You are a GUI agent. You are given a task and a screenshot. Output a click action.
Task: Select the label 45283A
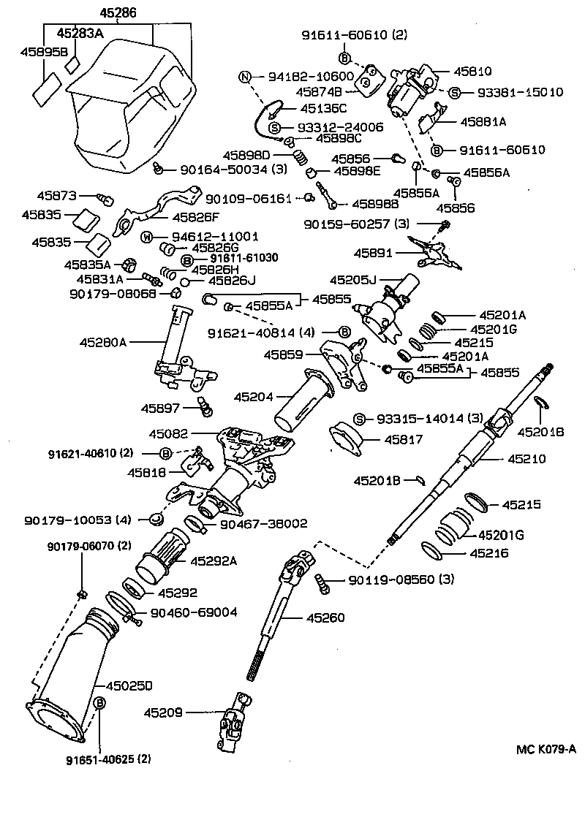pyautogui.click(x=80, y=33)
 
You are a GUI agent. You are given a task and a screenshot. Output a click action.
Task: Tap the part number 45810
pyautogui.click(x=475, y=72)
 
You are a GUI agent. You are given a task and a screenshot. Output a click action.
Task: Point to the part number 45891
pyautogui.click(x=374, y=253)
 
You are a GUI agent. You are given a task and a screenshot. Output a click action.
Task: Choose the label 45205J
pyautogui.click(x=352, y=279)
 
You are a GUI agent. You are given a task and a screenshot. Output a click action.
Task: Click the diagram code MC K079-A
pyautogui.click(x=546, y=748)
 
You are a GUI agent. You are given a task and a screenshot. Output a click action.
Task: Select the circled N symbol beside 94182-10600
pyautogui.click(x=246, y=77)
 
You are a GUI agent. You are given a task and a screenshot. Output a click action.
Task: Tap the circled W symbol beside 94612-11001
pyautogui.click(x=145, y=237)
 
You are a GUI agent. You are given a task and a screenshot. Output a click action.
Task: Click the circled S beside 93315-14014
pyautogui.click(x=359, y=419)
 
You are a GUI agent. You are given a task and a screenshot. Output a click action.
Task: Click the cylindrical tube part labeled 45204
pyautogui.click(x=306, y=398)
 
